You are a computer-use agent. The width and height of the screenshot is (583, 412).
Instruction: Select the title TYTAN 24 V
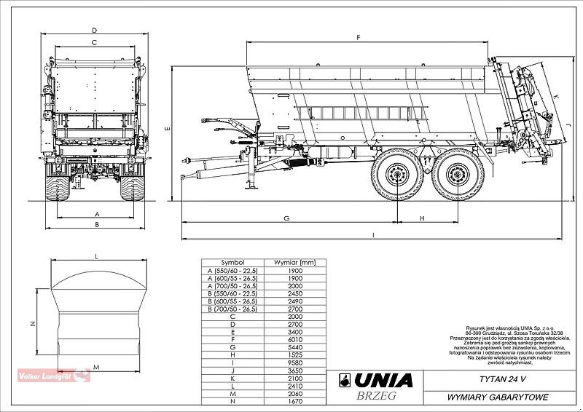493,379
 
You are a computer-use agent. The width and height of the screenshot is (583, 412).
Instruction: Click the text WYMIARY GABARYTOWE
493,397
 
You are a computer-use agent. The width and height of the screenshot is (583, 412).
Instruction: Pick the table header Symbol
233,262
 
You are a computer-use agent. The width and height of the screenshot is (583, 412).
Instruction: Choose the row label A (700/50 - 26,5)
233,285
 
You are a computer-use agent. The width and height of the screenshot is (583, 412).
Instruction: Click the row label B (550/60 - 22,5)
233,293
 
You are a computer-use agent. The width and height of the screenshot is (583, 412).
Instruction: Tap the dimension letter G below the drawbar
287,218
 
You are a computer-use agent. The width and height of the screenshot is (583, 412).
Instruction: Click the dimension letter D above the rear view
95,30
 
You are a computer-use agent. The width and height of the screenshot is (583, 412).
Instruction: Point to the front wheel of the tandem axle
396,175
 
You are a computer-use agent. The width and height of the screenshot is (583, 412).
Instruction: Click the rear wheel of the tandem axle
457,175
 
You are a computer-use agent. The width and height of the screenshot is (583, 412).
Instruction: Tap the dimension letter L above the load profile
96,255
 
